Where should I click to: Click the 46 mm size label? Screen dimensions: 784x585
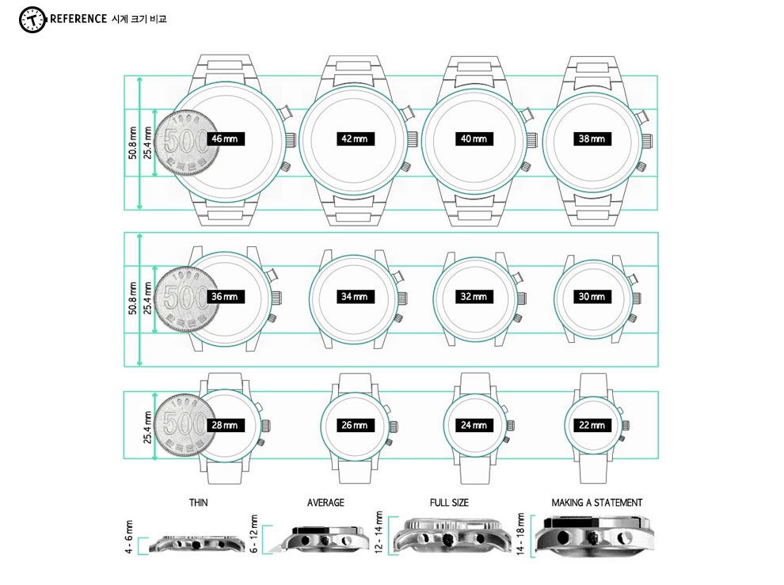pyautogui.click(x=226, y=139)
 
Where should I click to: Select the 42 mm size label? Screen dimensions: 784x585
pyautogui.click(x=355, y=139)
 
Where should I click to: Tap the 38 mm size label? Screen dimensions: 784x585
pyautogui.click(x=592, y=139)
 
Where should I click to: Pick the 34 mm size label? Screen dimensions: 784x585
pyautogui.click(x=355, y=297)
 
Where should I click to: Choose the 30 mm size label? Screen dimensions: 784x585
pyautogui.click(x=592, y=297)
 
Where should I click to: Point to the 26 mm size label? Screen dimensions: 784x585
pyautogui.click(x=355, y=425)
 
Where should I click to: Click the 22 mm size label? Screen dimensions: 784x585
pyautogui.click(x=592, y=425)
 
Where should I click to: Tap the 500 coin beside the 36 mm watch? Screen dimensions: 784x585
pyautogui.click(x=186, y=298)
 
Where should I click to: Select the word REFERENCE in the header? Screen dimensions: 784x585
pyautogui.click(x=78, y=19)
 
